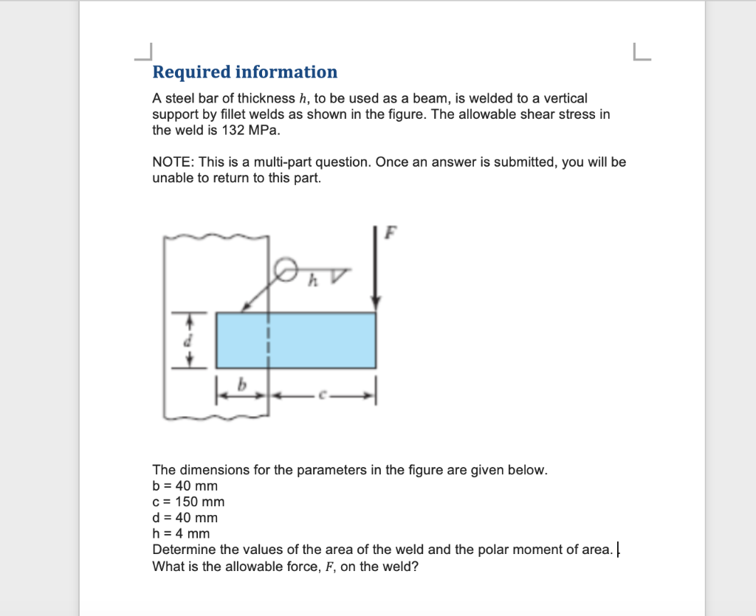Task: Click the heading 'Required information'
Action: coord(244,72)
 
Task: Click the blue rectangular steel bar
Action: coord(295,340)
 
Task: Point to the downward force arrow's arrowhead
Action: coord(377,300)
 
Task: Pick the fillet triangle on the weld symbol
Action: coord(337,277)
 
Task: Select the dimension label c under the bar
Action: coord(321,397)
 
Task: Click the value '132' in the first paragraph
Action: coord(233,131)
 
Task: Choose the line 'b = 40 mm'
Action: coord(185,487)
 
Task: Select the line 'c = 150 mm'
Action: coord(188,502)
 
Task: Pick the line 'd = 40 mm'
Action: coord(185,518)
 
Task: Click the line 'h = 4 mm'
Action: coord(181,533)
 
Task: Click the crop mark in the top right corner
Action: coord(642,52)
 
